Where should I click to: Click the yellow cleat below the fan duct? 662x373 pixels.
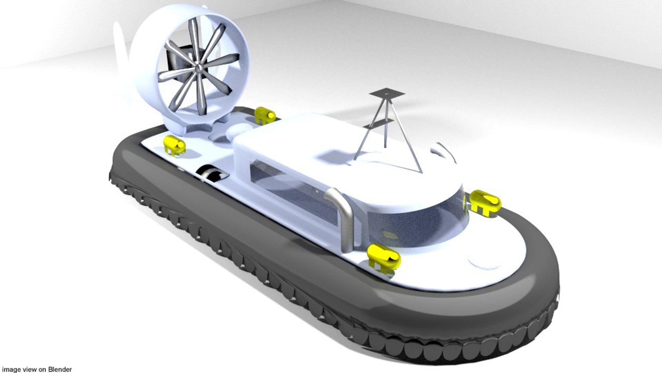click(x=174, y=145)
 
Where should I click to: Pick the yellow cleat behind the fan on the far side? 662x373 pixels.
click(x=264, y=115)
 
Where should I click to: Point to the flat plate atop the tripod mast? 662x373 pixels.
click(x=387, y=93)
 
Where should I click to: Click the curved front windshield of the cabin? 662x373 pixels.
click(x=421, y=224)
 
